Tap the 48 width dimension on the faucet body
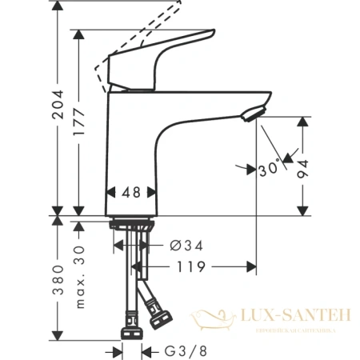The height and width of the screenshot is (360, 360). pyautogui.click(x=132, y=191)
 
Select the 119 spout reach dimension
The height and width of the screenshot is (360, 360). pyautogui.click(x=190, y=266)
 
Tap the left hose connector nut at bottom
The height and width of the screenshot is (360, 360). pyautogui.click(x=130, y=330)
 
